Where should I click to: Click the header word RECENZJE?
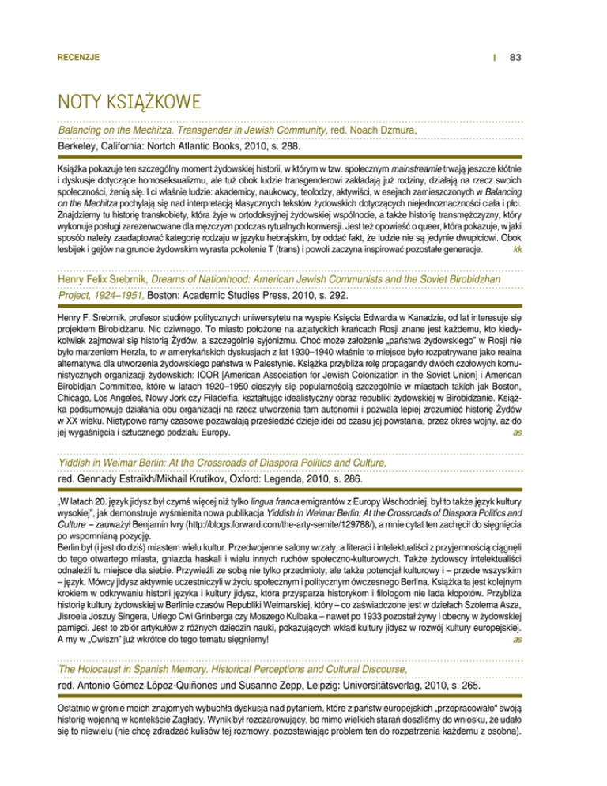pos(78,57)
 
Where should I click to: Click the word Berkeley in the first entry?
pos(79,146)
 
